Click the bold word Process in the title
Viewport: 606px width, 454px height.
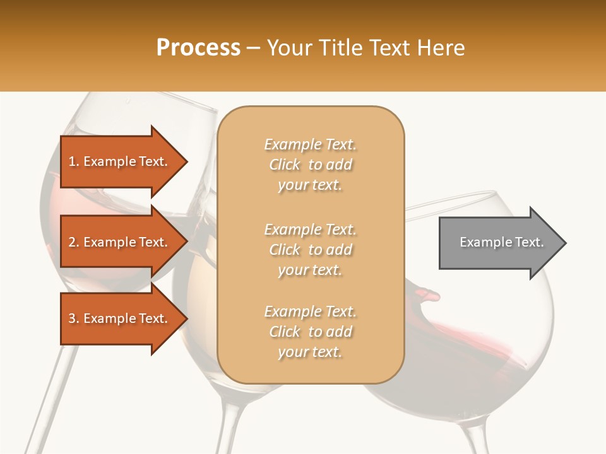198,48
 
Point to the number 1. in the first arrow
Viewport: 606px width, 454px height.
74,162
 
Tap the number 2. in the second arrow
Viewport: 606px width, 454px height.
74,243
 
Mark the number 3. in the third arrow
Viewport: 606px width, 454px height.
74,319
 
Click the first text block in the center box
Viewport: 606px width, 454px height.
310,165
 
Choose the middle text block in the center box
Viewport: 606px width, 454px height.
310,250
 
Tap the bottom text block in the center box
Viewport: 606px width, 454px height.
310,332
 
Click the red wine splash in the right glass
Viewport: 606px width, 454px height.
442,328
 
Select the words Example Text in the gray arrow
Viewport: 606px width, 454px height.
501,242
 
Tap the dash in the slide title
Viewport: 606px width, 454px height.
254,49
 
